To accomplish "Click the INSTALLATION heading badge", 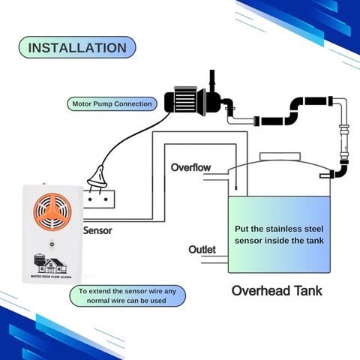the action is click(x=77, y=47).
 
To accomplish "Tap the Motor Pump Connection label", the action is click(x=112, y=103).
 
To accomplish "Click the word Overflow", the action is click(x=190, y=167).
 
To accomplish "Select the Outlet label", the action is click(x=202, y=250).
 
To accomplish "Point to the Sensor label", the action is click(x=97, y=230).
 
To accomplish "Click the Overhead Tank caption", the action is click(x=277, y=291).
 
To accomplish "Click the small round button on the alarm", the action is click(x=52, y=244).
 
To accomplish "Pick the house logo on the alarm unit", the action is click(x=50, y=263).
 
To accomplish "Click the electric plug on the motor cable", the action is click(x=98, y=178).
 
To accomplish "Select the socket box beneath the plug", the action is click(x=99, y=199).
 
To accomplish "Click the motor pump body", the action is click(x=185, y=101).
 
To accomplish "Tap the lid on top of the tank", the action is click(x=280, y=157).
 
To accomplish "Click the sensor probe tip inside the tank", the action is click(x=235, y=187).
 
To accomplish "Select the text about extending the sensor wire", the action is click(x=127, y=296).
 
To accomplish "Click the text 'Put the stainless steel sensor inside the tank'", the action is click(x=279, y=235).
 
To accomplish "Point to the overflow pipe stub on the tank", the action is click(x=215, y=177).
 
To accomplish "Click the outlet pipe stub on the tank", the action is click(x=214, y=259).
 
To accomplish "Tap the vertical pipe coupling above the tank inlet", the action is click(x=343, y=140).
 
